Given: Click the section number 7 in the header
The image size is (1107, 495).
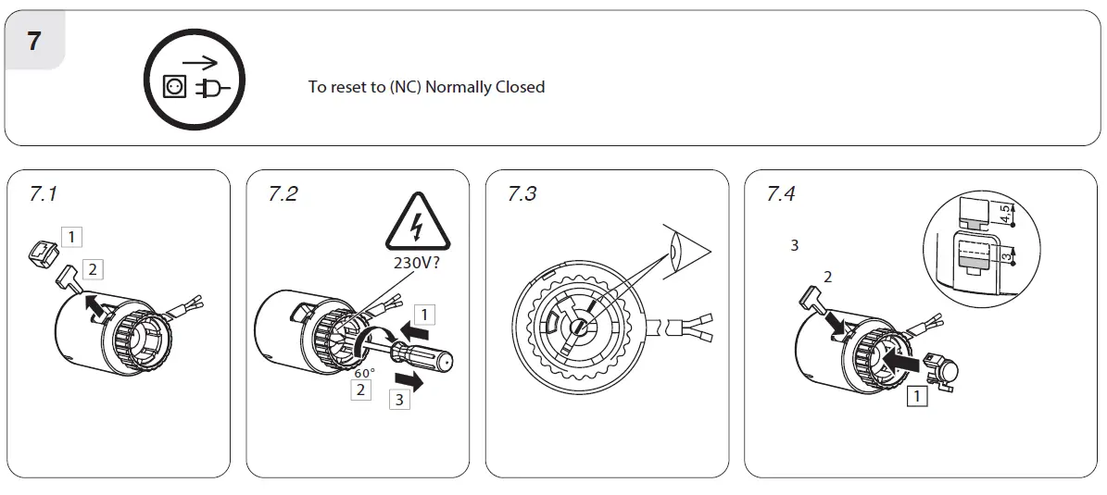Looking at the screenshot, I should [33, 41].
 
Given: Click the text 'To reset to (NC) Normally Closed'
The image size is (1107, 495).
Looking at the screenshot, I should [426, 87].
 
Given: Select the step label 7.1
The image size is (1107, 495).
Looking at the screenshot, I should [44, 194].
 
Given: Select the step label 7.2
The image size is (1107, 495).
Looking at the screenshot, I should [283, 194].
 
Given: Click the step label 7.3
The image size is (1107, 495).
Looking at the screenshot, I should [522, 194].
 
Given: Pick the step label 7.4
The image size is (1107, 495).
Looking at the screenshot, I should [781, 194].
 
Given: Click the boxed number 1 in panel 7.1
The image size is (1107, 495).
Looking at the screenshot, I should [71, 237].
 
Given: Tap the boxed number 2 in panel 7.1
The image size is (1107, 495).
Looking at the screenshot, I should [93, 269].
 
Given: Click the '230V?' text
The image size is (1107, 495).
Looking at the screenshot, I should [419, 262].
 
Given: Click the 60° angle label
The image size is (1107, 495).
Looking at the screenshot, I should [364, 373].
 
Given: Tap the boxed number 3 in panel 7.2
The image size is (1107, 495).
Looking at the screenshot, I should [398, 400].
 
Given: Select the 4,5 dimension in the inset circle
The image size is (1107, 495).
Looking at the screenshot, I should [1005, 214].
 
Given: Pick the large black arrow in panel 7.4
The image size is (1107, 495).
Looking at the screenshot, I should [902, 360].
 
